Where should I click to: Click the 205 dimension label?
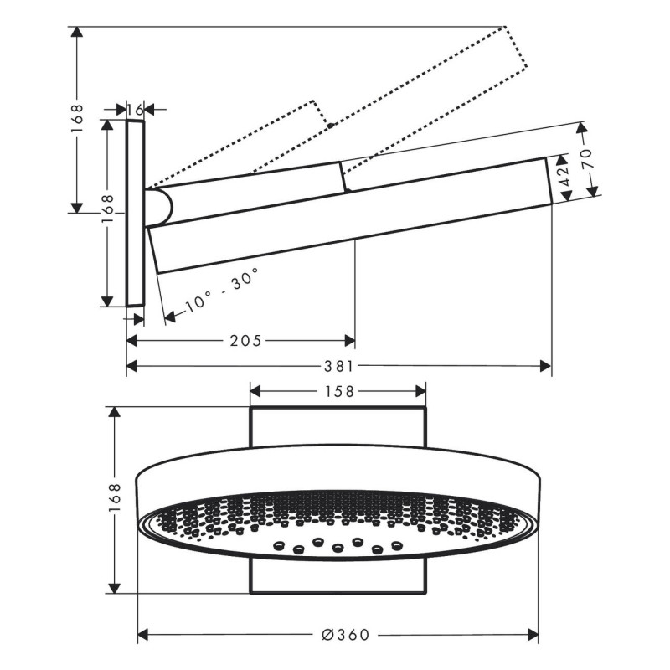tap(245, 341)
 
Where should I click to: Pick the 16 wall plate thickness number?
tap(135, 109)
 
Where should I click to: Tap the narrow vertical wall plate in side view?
tap(136, 213)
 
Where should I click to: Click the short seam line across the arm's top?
tap(342, 177)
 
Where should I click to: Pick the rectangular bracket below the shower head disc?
tap(338, 578)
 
